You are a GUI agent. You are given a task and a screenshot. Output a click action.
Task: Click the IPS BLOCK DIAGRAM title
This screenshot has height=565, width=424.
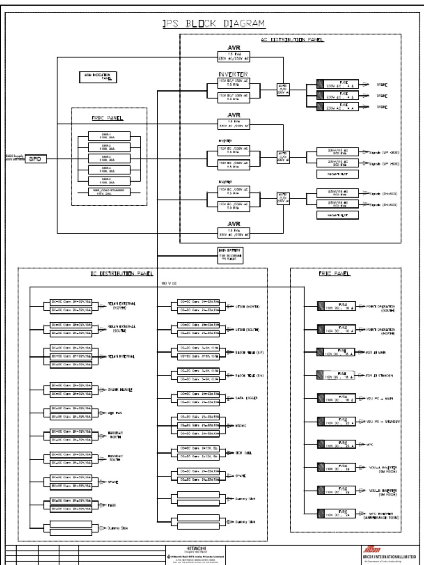[213, 24]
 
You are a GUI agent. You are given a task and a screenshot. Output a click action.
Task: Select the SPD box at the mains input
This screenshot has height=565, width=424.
[34, 159]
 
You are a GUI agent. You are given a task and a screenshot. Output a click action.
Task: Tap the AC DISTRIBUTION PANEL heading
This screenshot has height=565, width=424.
[292, 40]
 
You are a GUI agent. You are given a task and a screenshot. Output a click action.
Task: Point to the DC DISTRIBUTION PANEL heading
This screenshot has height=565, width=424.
[122, 274]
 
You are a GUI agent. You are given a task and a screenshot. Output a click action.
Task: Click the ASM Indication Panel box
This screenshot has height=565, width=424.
[98, 77]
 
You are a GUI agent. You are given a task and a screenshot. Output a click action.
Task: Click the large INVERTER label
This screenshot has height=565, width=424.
[233, 74]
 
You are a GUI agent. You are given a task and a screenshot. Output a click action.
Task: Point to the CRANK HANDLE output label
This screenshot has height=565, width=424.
[120, 390]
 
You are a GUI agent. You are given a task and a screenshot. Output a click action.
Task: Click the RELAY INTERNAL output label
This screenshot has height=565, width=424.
[120, 356]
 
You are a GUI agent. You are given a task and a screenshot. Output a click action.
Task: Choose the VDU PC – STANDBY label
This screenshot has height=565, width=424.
[383, 422]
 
